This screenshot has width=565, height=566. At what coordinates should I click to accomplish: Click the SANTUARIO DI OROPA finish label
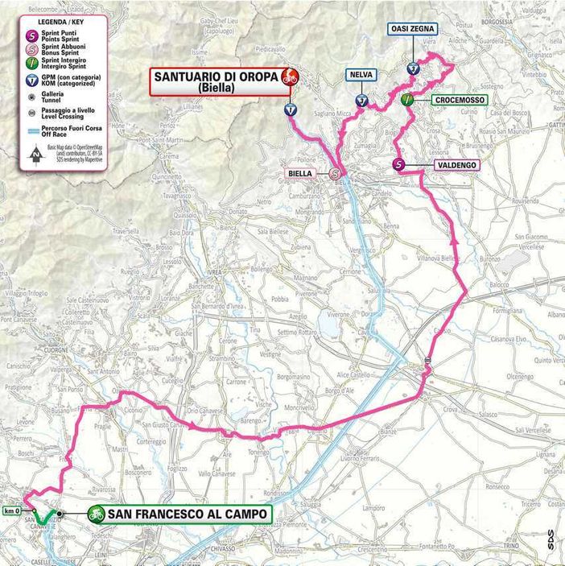point(212,81)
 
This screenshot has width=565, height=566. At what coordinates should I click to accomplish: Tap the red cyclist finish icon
point(290,77)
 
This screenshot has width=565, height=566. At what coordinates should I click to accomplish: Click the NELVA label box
point(361,75)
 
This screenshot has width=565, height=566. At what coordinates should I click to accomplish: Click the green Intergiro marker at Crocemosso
point(407,100)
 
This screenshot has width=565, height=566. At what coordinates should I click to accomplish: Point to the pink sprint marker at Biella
point(335,172)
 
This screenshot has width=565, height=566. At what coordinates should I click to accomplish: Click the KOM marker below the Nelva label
point(362,101)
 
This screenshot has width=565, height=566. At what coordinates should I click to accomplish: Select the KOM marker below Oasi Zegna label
point(412,68)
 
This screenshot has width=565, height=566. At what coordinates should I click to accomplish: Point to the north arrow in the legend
point(35,155)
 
